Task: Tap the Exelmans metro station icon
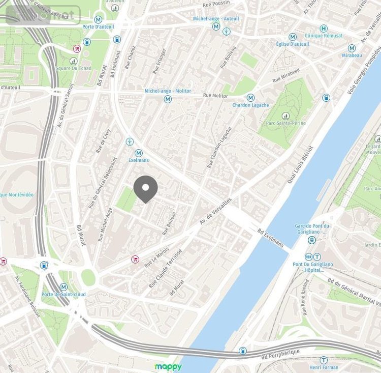[x=139, y=153]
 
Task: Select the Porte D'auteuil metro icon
[x=98, y=19]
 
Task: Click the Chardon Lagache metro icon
[x=250, y=98]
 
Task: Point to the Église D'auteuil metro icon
[x=292, y=37]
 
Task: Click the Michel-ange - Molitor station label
[x=168, y=91]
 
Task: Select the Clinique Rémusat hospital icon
[x=324, y=28]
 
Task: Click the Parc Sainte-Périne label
[x=285, y=123]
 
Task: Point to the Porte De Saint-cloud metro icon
[x=64, y=287]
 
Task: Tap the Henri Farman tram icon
[x=324, y=360]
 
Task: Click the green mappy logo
[x=168, y=366]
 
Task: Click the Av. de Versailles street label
[x=216, y=212]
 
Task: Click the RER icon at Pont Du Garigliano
[x=308, y=257]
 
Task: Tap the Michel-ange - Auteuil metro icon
[x=216, y=26]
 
